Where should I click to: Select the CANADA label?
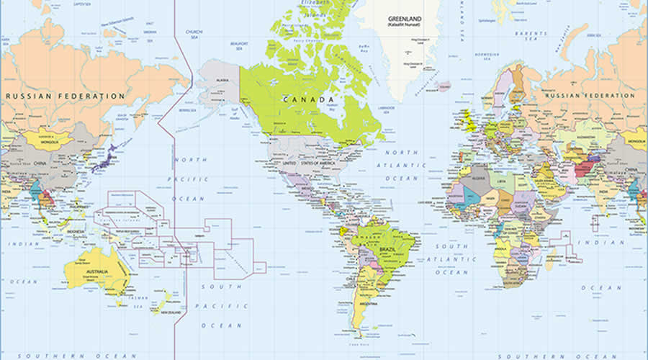308,99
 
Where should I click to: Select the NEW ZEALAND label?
171,312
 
